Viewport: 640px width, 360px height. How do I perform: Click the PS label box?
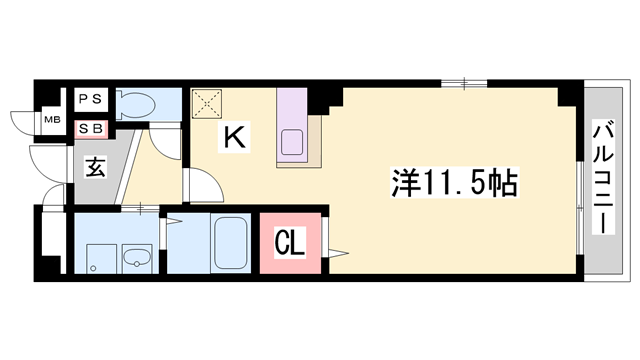(x=91, y=99)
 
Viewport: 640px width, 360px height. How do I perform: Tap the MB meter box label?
(x=52, y=120)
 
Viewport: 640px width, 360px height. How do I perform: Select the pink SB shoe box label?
(x=91, y=129)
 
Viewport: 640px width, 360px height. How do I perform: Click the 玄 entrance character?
(x=96, y=168)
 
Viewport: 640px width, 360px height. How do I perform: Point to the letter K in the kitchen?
(x=234, y=138)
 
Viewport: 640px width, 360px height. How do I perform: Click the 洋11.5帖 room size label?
(x=455, y=182)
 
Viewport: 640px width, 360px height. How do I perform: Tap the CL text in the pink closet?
(x=289, y=244)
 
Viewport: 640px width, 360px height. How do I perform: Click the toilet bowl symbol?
(x=136, y=105)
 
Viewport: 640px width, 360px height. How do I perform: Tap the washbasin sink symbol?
(x=137, y=258)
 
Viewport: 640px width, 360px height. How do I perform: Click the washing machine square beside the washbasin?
(x=102, y=259)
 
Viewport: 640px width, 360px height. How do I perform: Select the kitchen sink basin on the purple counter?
(x=292, y=142)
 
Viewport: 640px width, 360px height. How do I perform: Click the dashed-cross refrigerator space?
(x=207, y=104)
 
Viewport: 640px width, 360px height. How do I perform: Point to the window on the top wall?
(x=464, y=84)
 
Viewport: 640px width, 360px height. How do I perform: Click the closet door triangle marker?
(x=336, y=254)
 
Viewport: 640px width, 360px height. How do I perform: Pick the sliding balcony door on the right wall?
(x=580, y=207)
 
